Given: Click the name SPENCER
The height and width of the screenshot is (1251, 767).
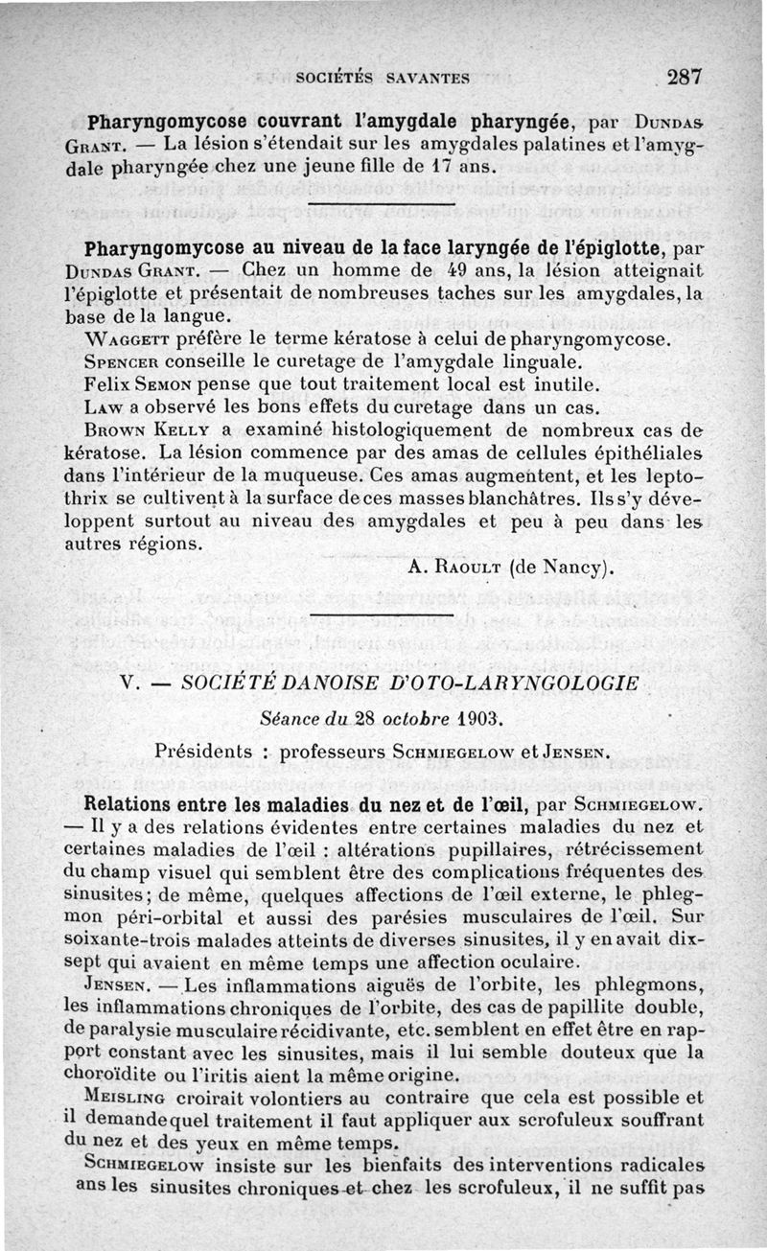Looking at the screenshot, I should click(125, 363).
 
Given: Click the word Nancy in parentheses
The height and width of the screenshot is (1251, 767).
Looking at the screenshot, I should click(571, 567).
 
